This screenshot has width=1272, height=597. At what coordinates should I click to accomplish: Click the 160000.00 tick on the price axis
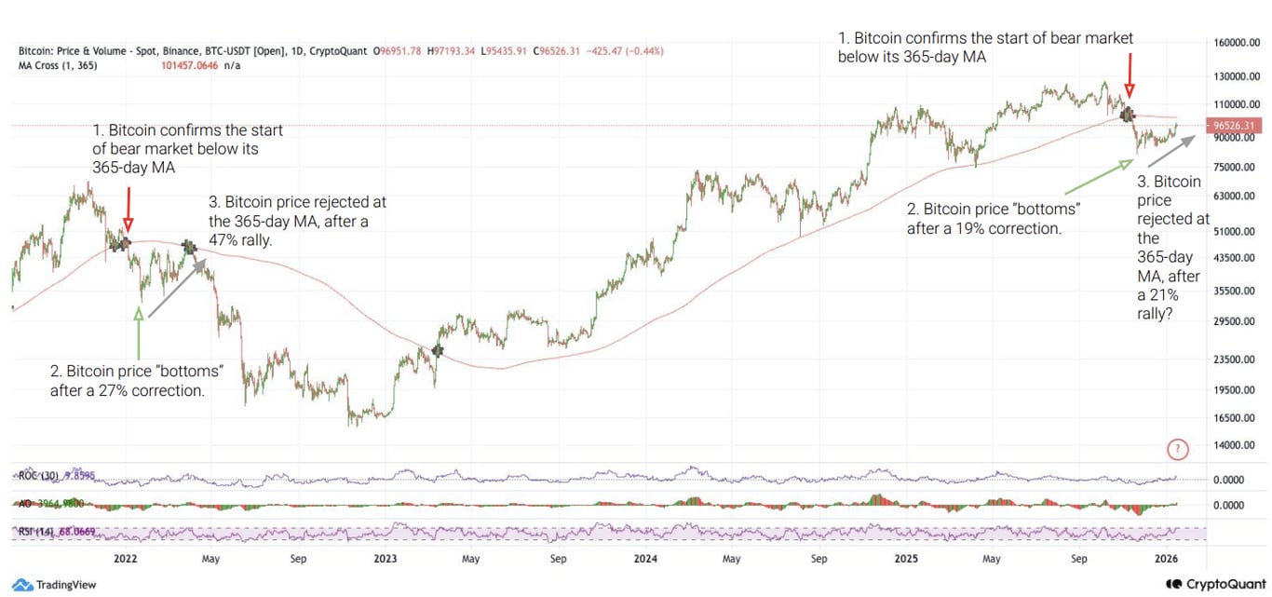coord(1234,43)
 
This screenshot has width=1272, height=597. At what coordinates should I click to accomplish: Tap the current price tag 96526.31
coord(1233,125)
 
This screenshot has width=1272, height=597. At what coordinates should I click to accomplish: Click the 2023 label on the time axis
coord(385,559)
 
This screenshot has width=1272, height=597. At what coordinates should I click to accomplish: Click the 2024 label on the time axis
coord(645,559)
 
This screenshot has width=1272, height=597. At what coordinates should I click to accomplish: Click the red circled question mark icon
coord(1178,450)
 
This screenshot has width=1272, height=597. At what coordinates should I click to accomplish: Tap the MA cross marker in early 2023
coord(438,351)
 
